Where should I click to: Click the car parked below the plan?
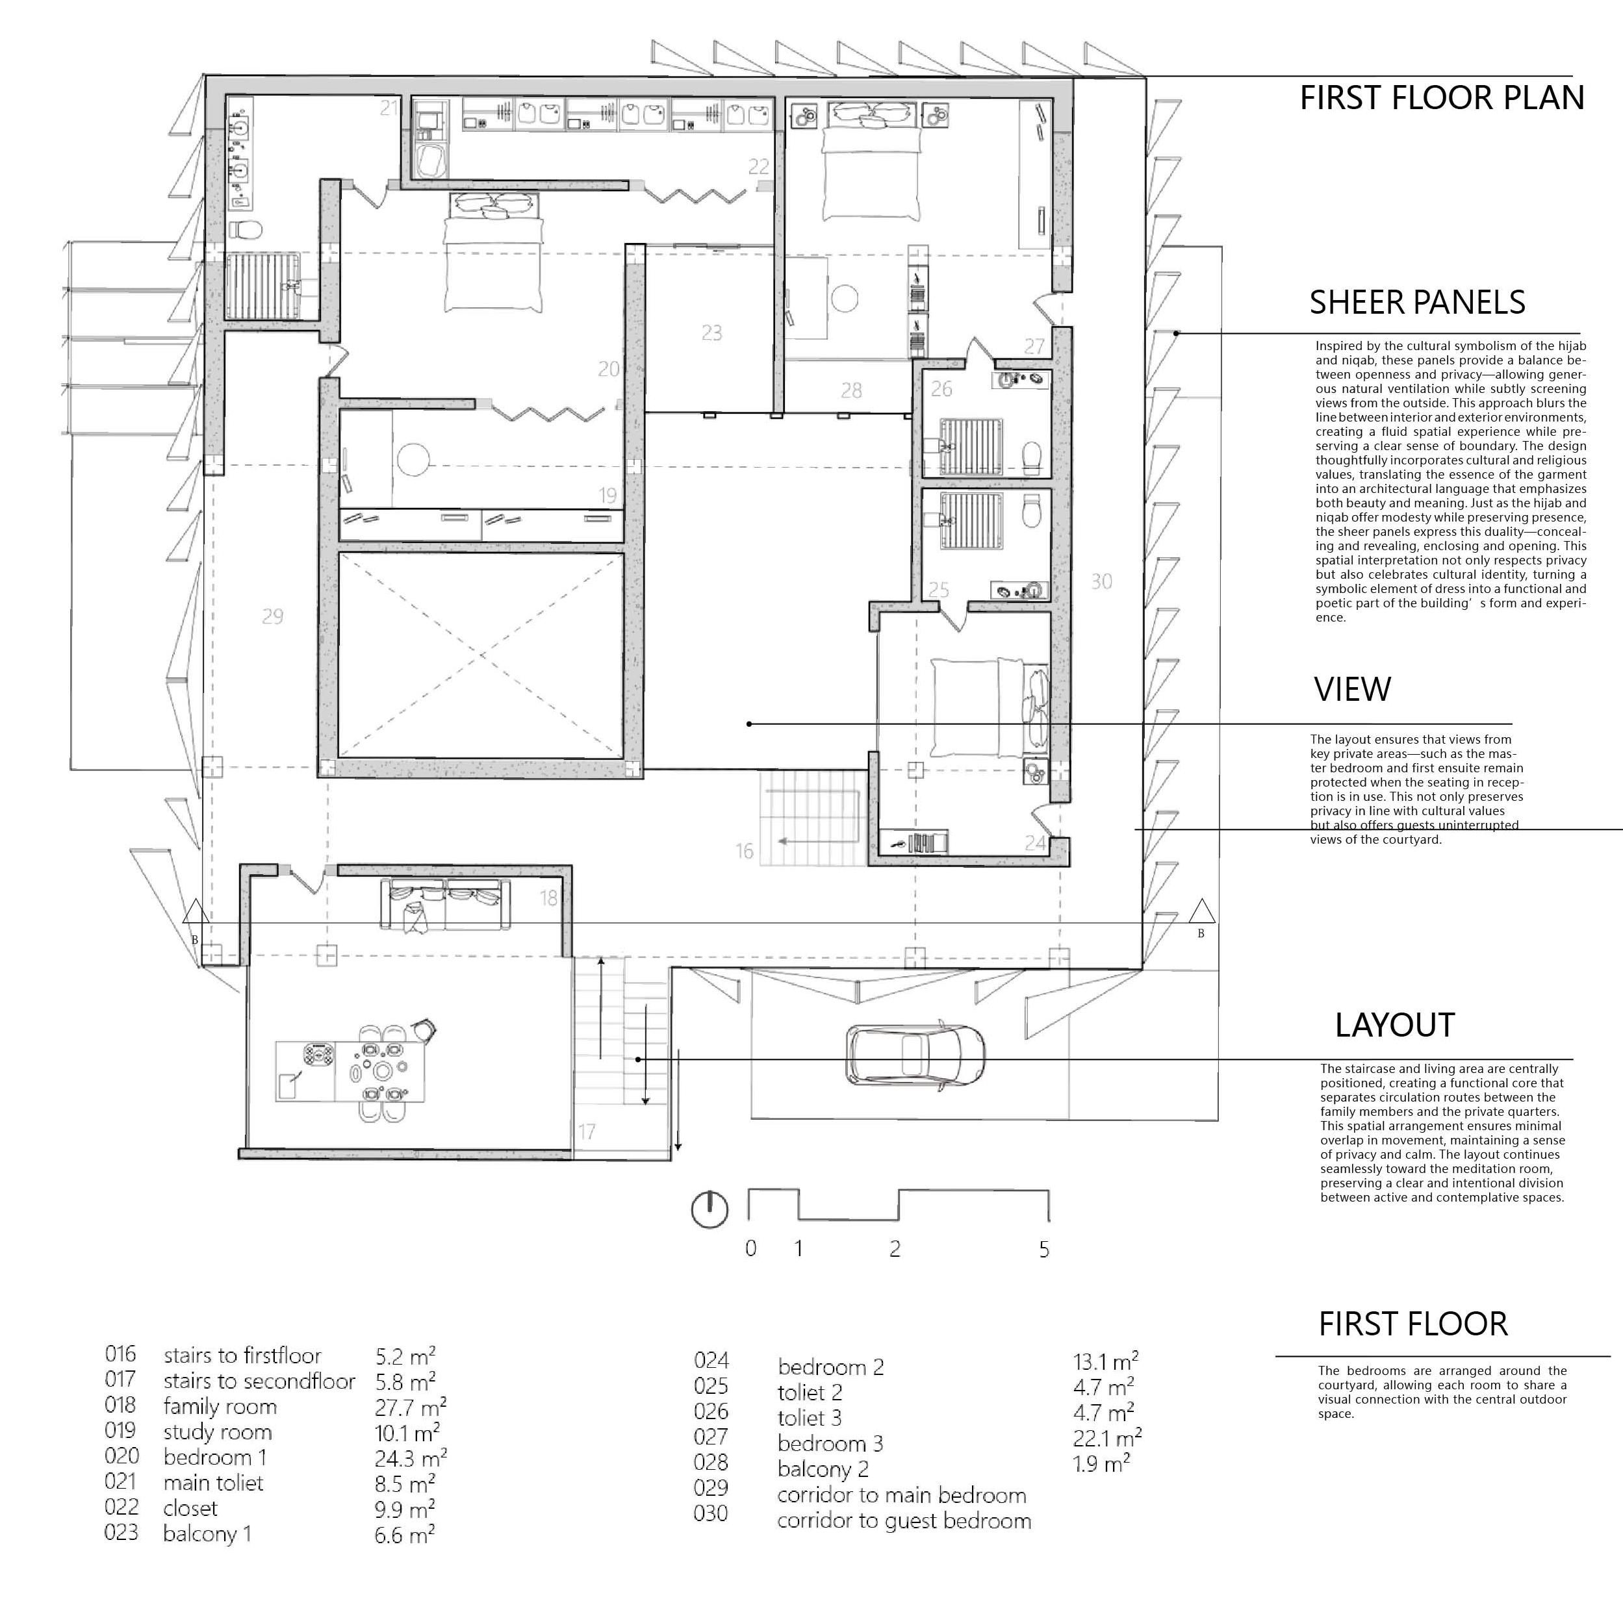pos(915,1055)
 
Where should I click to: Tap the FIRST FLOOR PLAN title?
pos(1442,98)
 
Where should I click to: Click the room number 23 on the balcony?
pos(711,333)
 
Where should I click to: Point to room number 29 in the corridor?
pos(272,617)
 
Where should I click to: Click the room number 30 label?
pos(1101,581)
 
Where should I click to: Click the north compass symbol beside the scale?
pos(709,1210)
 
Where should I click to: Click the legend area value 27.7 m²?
pos(410,1407)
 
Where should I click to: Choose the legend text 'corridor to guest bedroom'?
pos(904,1520)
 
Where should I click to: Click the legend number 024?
pos(711,1361)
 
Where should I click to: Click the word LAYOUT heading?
pos(1394,1026)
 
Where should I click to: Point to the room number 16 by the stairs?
pos(745,851)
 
